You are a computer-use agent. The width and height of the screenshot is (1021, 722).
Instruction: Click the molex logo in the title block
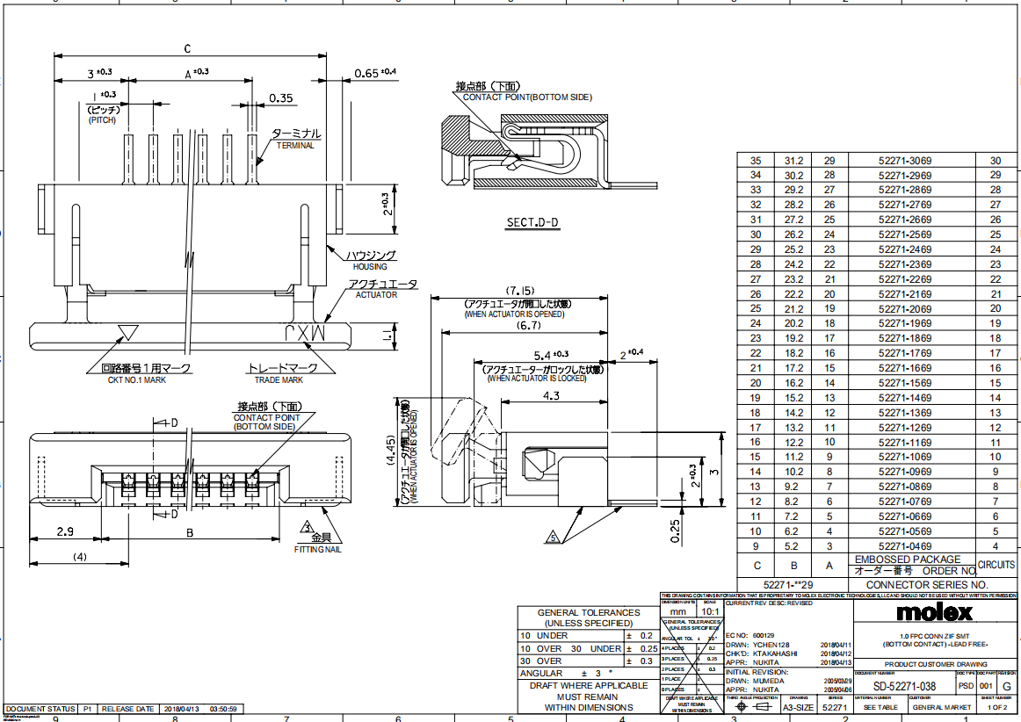coord(935,611)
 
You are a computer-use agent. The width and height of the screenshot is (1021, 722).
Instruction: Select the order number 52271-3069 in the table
coord(904,161)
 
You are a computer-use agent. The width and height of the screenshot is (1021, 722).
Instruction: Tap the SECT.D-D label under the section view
coord(532,223)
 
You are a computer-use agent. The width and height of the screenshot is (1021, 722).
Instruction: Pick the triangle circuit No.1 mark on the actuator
coord(128,332)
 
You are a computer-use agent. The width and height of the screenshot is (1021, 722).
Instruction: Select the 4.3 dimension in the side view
coord(550,396)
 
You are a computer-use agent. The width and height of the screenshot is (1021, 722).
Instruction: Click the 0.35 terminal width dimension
coord(281,97)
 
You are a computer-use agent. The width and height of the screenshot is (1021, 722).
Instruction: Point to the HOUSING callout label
coord(369,266)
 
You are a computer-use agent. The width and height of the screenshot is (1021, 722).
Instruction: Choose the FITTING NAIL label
coord(317,549)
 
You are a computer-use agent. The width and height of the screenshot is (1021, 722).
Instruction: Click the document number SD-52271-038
coord(904,686)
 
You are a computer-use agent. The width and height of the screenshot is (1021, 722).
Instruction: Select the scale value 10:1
coord(709,610)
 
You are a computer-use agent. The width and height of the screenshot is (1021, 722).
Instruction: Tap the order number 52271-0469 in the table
coord(904,545)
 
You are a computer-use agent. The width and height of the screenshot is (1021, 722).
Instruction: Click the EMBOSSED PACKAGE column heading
coord(902,559)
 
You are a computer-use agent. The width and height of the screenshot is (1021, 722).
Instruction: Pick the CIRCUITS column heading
coord(996,565)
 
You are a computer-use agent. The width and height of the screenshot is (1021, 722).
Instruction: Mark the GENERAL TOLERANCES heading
coord(589,612)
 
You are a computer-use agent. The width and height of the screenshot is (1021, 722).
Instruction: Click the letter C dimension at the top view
coord(188,48)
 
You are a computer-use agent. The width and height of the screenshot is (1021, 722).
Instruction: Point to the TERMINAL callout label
coord(295,146)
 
